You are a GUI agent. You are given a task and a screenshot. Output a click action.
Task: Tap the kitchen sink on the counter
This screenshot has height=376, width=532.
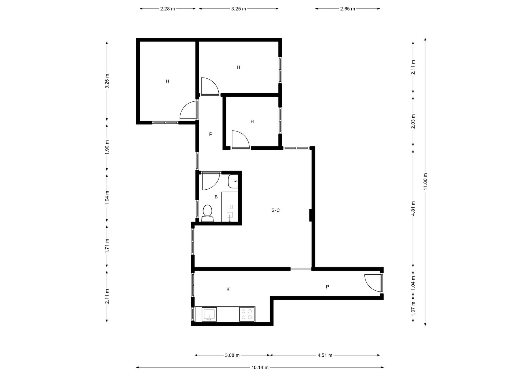209,314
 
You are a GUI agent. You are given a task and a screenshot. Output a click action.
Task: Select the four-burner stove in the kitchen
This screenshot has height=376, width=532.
247,314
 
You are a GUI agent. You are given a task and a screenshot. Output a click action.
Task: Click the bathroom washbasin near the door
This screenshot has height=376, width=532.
233,181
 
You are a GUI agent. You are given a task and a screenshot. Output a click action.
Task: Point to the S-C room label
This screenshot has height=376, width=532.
275,210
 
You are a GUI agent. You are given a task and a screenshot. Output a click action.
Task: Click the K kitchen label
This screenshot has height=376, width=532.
228,289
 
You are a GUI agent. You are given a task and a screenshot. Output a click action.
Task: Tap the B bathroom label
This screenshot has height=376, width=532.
216,197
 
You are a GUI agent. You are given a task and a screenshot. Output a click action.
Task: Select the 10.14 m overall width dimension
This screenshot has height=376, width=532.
260,367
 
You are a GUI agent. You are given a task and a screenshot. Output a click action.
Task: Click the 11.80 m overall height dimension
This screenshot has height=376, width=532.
425,182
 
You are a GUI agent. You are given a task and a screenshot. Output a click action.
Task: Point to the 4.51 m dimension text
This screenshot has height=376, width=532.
325,355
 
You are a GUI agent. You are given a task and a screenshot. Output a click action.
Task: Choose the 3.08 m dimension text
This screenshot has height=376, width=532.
232,355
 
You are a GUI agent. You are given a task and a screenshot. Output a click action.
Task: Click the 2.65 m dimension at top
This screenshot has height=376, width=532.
347,9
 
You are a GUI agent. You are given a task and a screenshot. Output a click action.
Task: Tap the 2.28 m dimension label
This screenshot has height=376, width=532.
167,9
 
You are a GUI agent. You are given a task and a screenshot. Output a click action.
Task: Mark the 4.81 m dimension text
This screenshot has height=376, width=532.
413,208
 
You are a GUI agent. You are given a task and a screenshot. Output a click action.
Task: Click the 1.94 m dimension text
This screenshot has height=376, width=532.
107,198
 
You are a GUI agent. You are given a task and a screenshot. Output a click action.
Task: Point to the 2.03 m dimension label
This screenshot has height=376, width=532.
413,122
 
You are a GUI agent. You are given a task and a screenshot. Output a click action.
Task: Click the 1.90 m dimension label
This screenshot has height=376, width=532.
107,147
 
